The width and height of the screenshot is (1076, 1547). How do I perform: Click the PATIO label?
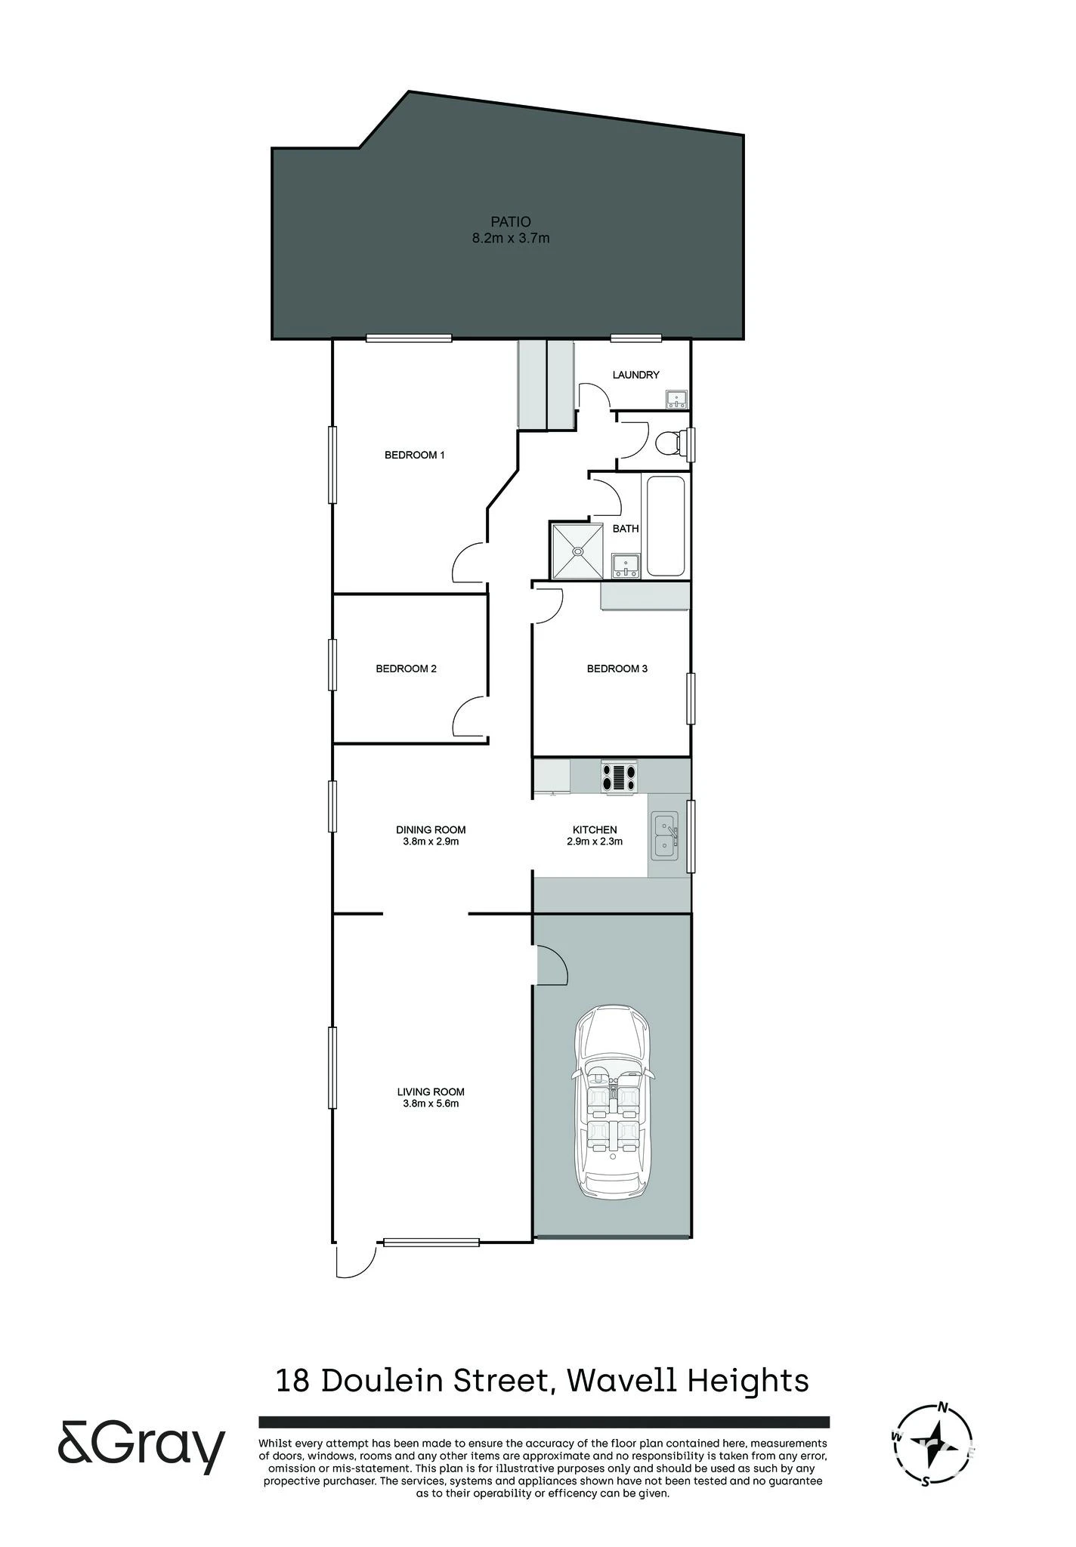pos(511,221)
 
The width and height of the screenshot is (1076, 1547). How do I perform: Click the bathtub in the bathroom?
pos(666,526)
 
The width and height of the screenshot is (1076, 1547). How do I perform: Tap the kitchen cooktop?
pos(619,777)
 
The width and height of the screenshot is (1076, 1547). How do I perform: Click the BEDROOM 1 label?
pos(415,455)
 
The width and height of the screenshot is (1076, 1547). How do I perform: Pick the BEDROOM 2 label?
pos(407,669)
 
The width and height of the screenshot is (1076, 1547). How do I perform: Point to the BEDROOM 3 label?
pos(617,669)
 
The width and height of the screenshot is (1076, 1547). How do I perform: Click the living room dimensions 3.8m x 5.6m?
pos(431,1103)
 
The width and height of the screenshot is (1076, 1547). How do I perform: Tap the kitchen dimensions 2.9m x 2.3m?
pos(595,841)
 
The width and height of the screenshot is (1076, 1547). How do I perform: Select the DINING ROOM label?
pos(431,829)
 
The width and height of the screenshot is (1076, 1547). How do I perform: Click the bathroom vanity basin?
pos(626,565)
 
